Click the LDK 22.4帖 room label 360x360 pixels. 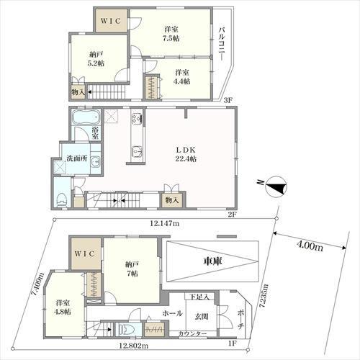point(186,154)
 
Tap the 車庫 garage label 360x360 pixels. point(212,261)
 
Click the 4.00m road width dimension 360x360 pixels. point(310,246)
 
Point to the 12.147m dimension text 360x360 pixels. point(165,224)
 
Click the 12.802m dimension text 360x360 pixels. point(134,346)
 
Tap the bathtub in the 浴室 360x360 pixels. point(86,117)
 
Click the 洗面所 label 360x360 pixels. point(77,158)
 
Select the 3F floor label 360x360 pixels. point(228,100)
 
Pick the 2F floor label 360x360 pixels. point(233,215)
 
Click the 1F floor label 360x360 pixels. point(233,343)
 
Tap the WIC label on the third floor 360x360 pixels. point(110,21)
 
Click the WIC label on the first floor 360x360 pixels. point(84,253)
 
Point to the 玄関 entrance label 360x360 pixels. point(201,317)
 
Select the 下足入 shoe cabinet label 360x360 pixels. point(199,297)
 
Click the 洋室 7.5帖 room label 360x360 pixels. point(171,34)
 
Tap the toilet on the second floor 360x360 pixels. point(62,199)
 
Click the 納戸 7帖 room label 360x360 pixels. point(132,269)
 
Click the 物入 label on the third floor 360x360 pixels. point(78,92)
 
